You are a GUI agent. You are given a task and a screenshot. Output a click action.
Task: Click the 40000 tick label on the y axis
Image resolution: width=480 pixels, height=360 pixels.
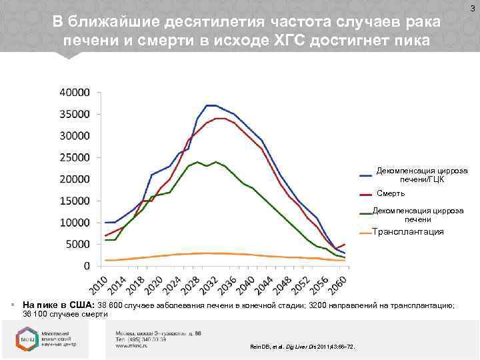tap(75, 92)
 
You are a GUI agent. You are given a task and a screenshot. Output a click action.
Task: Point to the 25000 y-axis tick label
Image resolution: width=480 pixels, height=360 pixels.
tap(75, 157)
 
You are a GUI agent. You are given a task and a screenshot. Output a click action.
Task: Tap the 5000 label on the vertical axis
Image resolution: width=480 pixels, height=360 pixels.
tap(77, 244)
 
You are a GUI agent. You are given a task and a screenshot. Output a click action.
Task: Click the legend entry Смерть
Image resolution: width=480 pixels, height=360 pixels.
tap(391, 193)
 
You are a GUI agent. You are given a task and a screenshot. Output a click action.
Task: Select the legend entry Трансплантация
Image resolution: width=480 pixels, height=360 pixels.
tap(407, 232)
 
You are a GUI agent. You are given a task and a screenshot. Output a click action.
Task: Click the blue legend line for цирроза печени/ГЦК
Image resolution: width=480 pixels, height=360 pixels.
tap(365, 175)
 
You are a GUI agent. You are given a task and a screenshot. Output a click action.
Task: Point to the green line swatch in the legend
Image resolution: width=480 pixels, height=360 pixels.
tap(365, 214)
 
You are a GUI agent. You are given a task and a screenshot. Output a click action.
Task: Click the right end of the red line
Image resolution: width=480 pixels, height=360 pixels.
tap(345, 244)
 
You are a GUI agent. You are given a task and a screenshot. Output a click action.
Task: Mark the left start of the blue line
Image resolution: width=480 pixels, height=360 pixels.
tap(105, 222)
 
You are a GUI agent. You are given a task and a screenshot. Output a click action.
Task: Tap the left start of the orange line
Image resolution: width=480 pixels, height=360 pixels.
tap(105, 260)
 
